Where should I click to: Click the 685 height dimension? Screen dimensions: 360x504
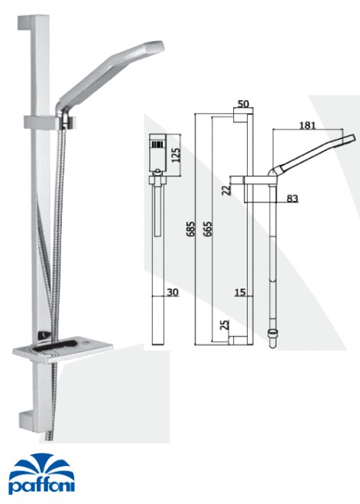point(190,228)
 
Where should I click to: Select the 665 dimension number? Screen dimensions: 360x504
point(207,228)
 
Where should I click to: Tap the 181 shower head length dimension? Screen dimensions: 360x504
point(307,125)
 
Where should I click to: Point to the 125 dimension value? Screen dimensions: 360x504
point(176,154)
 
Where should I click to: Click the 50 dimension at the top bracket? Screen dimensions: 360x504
point(243,104)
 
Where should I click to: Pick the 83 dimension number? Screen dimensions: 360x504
point(292,199)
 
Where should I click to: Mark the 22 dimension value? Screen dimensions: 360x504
point(227,189)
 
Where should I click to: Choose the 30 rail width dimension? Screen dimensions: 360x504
point(173,292)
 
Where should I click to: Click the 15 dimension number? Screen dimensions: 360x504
point(240,292)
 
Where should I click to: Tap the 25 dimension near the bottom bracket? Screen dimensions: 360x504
point(225,325)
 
